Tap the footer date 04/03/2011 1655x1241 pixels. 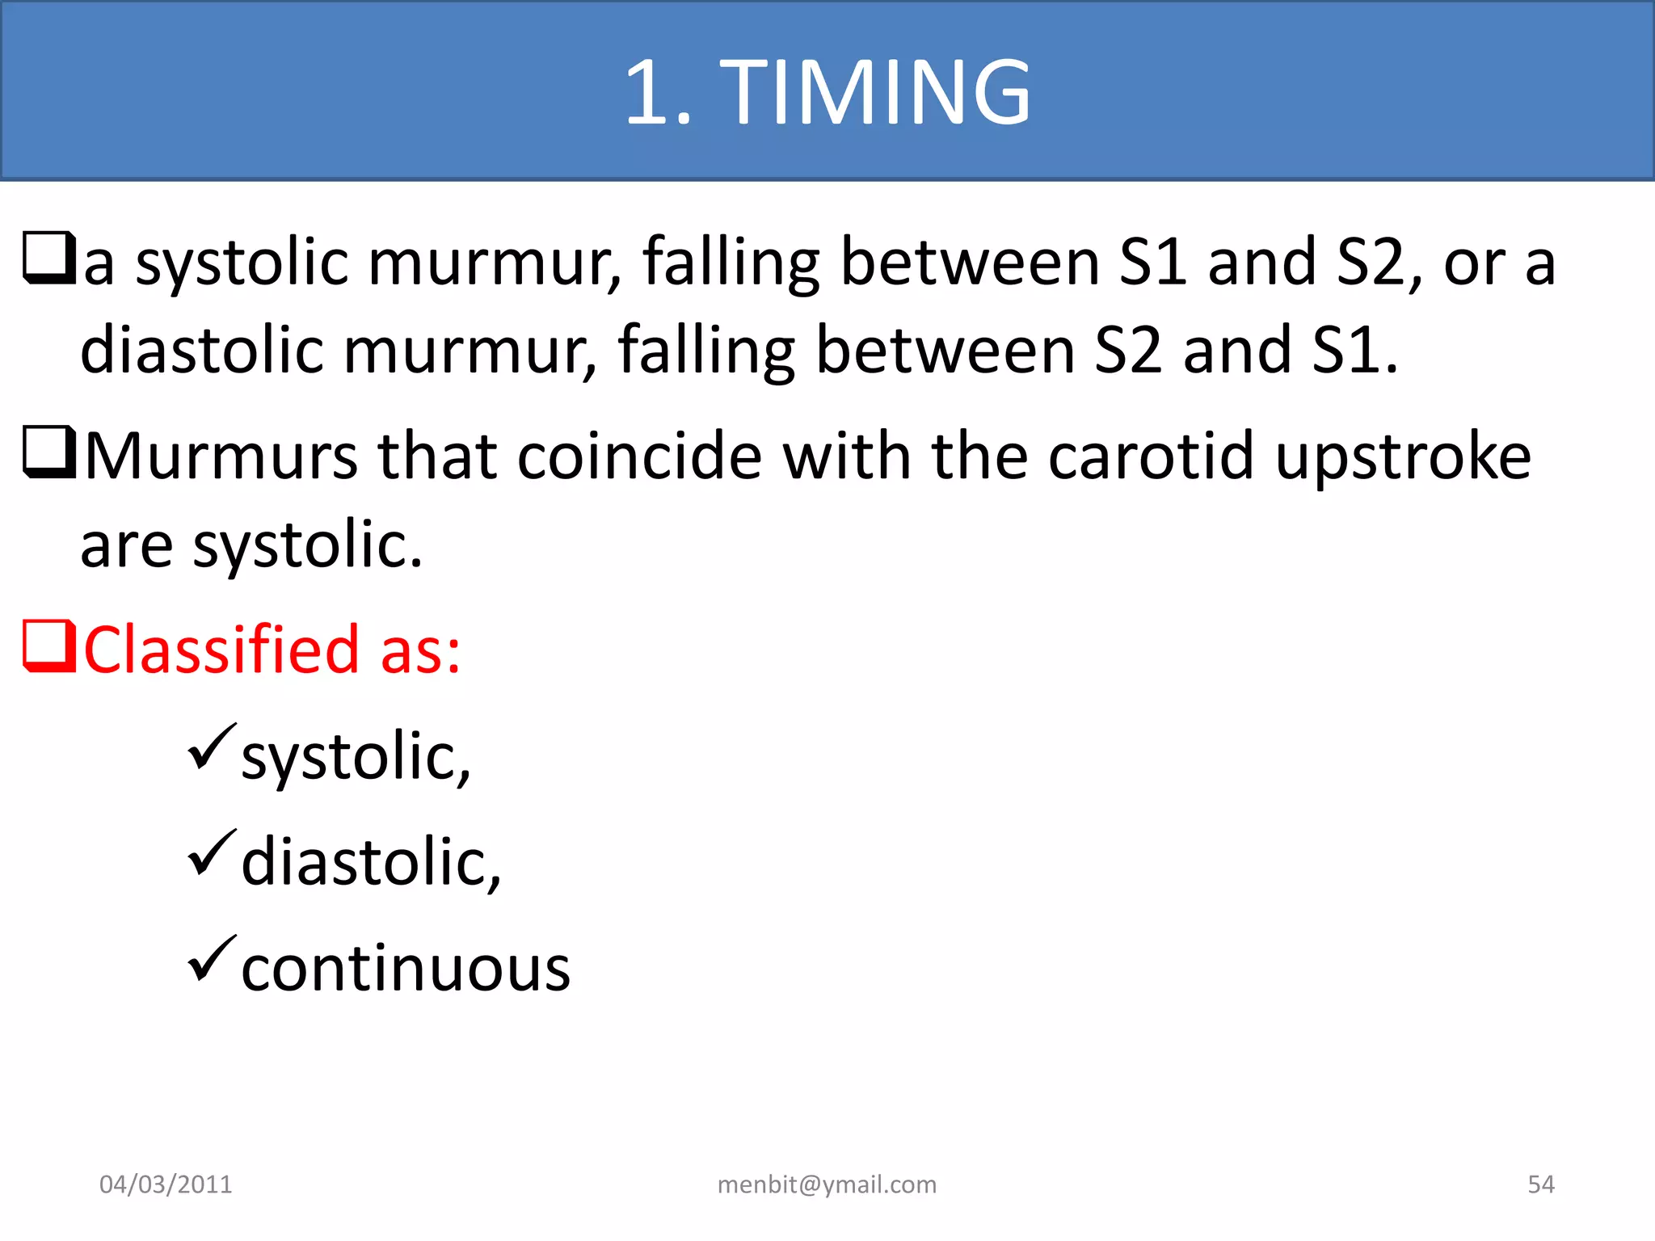[x=166, y=1184]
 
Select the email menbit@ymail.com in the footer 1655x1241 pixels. [x=827, y=1184]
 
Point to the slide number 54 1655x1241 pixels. [x=1540, y=1184]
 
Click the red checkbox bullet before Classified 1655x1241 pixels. [x=48, y=646]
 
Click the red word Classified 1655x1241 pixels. [x=221, y=650]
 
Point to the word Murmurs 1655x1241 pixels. [x=221, y=457]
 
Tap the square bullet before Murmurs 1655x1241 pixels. [x=48, y=452]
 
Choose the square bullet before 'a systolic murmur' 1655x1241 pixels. [x=48, y=259]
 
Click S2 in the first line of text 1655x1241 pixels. [x=1371, y=263]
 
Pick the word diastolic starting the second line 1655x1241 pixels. [x=202, y=351]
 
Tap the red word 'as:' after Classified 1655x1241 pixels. [x=420, y=651]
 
